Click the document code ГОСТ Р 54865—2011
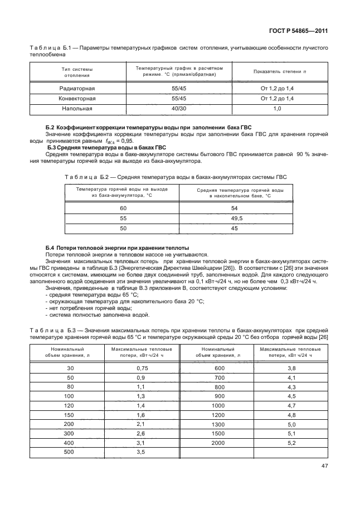coord(297,31)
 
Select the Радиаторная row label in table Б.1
coord(77,88)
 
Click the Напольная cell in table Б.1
coord(77,108)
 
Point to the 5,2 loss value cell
coord(291,443)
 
